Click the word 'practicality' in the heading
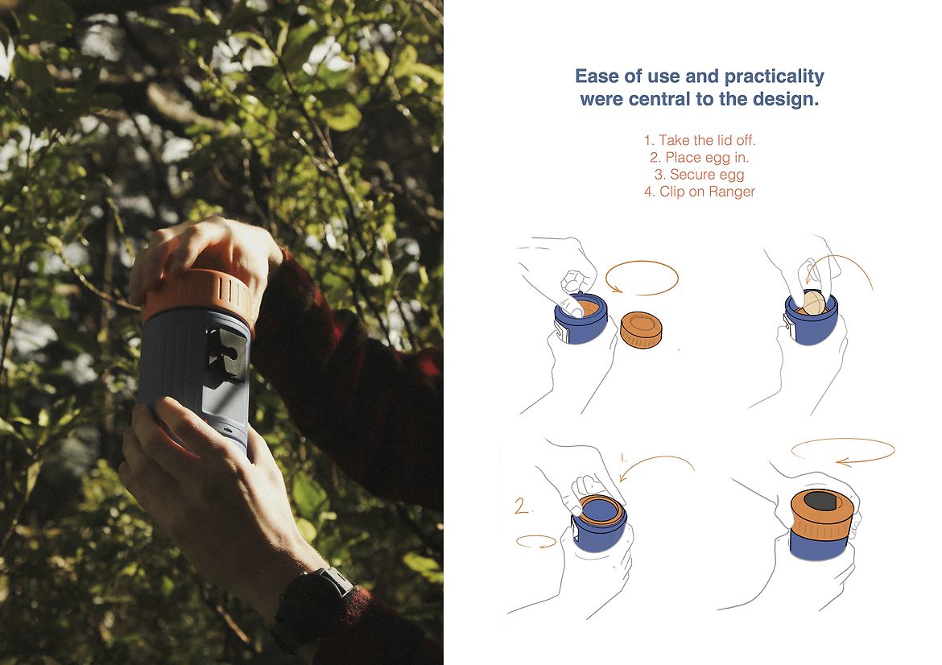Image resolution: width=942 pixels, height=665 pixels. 774,77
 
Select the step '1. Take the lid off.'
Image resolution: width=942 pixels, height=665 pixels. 700,140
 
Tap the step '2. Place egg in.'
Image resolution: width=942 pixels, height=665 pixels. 700,157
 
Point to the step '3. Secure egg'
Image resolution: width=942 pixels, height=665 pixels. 700,175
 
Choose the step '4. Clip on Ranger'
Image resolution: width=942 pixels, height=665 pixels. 700,192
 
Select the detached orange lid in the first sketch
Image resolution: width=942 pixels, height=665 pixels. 641,329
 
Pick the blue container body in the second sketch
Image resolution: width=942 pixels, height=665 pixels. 811,328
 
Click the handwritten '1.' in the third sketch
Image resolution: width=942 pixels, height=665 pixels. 623,458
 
